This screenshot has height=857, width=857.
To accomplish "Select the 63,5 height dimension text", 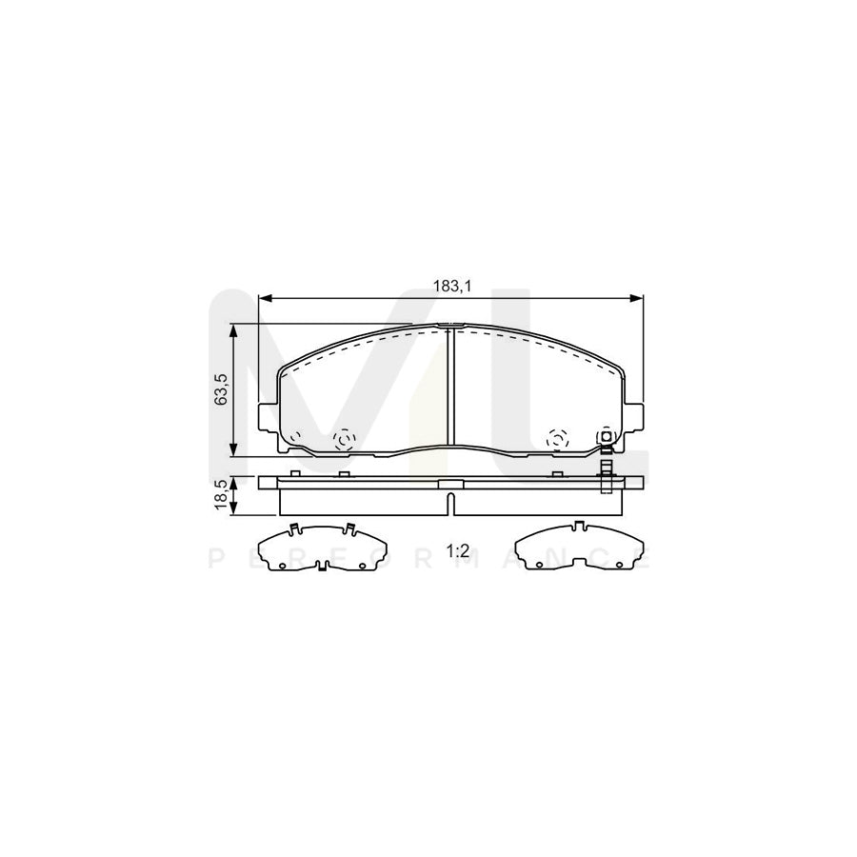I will (221, 390).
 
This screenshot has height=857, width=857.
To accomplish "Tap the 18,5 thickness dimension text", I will (221, 494).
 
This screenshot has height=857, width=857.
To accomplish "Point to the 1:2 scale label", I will (458, 550).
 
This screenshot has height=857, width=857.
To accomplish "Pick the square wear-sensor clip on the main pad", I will (604, 438).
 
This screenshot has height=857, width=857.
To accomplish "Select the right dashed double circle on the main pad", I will (556, 439).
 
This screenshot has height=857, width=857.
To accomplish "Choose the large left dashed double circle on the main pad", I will (344, 439).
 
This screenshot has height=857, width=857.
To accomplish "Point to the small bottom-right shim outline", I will (578, 549).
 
